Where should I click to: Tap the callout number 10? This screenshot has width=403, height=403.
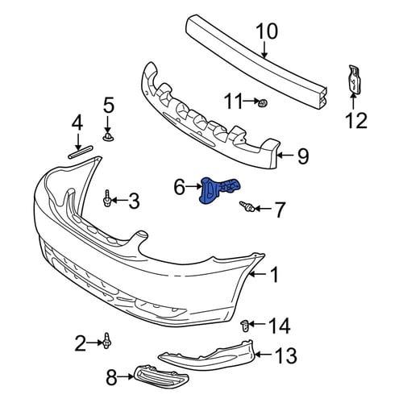point(267,31)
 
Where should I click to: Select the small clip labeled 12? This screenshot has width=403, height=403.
point(354,80)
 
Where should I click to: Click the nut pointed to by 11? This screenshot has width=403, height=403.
point(262,102)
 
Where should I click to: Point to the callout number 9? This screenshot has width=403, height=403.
point(303,156)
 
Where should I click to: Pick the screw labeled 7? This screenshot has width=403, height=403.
point(247,206)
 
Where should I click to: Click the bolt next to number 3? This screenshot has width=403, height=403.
point(107,198)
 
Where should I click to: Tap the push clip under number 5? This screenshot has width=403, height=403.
point(108,137)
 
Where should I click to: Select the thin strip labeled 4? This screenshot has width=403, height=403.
point(80,152)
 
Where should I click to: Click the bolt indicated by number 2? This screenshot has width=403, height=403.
point(107,341)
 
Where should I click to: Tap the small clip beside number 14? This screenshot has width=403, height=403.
point(244,326)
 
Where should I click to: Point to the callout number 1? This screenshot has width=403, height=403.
point(274,274)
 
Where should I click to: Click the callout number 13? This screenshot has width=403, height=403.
point(285,355)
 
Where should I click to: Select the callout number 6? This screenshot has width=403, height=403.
point(180,187)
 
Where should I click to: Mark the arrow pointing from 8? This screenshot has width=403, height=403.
point(126,377)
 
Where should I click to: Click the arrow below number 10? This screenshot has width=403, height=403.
point(264,49)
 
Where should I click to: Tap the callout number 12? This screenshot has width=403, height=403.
point(356,120)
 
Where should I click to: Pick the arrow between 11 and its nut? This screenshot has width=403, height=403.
point(251,102)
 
